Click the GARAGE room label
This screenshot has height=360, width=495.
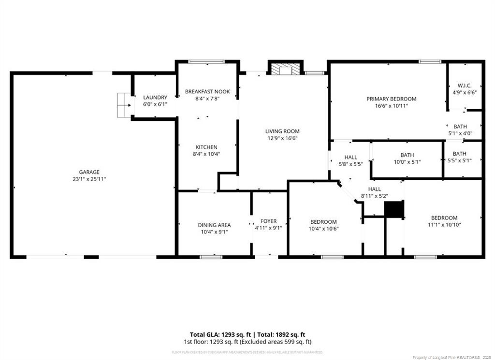(x=89, y=172)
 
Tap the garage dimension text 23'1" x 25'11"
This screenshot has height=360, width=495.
(x=89, y=179)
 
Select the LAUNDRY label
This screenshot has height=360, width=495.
(x=155, y=97)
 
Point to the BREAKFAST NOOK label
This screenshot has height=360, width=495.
(x=207, y=91)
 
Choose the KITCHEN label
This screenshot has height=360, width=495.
(x=206, y=147)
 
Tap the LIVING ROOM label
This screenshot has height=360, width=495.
(x=282, y=131)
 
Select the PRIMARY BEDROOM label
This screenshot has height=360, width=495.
(x=391, y=99)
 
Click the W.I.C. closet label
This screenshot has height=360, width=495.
(x=465, y=85)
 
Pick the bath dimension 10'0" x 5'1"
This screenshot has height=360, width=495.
(x=407, y=162)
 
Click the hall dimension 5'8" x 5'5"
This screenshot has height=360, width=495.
(x=350, y=164)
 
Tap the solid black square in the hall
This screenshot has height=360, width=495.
(x=393, y=209)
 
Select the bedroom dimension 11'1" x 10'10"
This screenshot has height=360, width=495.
(x=444, y=224)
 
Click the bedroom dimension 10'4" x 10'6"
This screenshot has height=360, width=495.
(x=323, y=229)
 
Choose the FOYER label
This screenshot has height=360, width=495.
(x=268, y=221)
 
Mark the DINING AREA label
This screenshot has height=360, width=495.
(x=214, y=225)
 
